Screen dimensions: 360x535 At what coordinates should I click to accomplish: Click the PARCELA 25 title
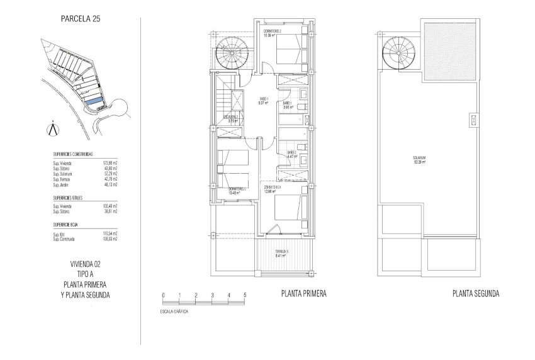[x=80, y=19]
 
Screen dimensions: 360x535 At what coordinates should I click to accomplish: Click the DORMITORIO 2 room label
[x=272, y=33]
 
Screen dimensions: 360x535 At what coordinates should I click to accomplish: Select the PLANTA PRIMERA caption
[x=303, y=294]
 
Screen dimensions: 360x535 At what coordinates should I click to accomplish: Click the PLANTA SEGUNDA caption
[x=476, y=294]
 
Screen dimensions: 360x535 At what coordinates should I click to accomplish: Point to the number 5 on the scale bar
[x=245, y=295]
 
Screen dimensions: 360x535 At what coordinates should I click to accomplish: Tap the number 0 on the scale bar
[x=163, y=295]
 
